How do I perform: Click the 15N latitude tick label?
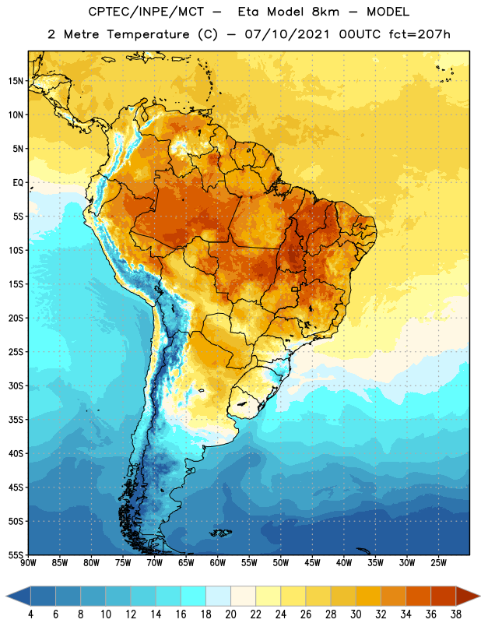tap(16, 81)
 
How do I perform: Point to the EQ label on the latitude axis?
tap(18, 183)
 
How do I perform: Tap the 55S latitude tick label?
tap(16, 554)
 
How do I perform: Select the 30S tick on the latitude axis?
tap(16, 385)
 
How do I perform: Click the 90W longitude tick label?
tap(28, 562)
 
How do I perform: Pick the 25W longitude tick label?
tap(438, 562)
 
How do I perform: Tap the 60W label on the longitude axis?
tap(218, 562)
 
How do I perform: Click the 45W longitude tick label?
tap(313, 562)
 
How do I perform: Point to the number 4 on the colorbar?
tap(30, 614)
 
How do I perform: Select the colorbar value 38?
tap(456, 614)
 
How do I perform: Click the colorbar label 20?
tap(230, 614)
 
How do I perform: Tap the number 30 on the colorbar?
tap(356, 614)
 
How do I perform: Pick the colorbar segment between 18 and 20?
tap(219, 596)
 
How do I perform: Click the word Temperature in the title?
tap(148, 34)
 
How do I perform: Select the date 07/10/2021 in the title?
tap(286, 34)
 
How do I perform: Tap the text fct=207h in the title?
tap(420, 34)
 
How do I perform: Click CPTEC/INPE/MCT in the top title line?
tap(146, 12)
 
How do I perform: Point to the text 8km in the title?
tap(325, 12)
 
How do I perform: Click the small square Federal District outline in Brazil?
tap(295, 289)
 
